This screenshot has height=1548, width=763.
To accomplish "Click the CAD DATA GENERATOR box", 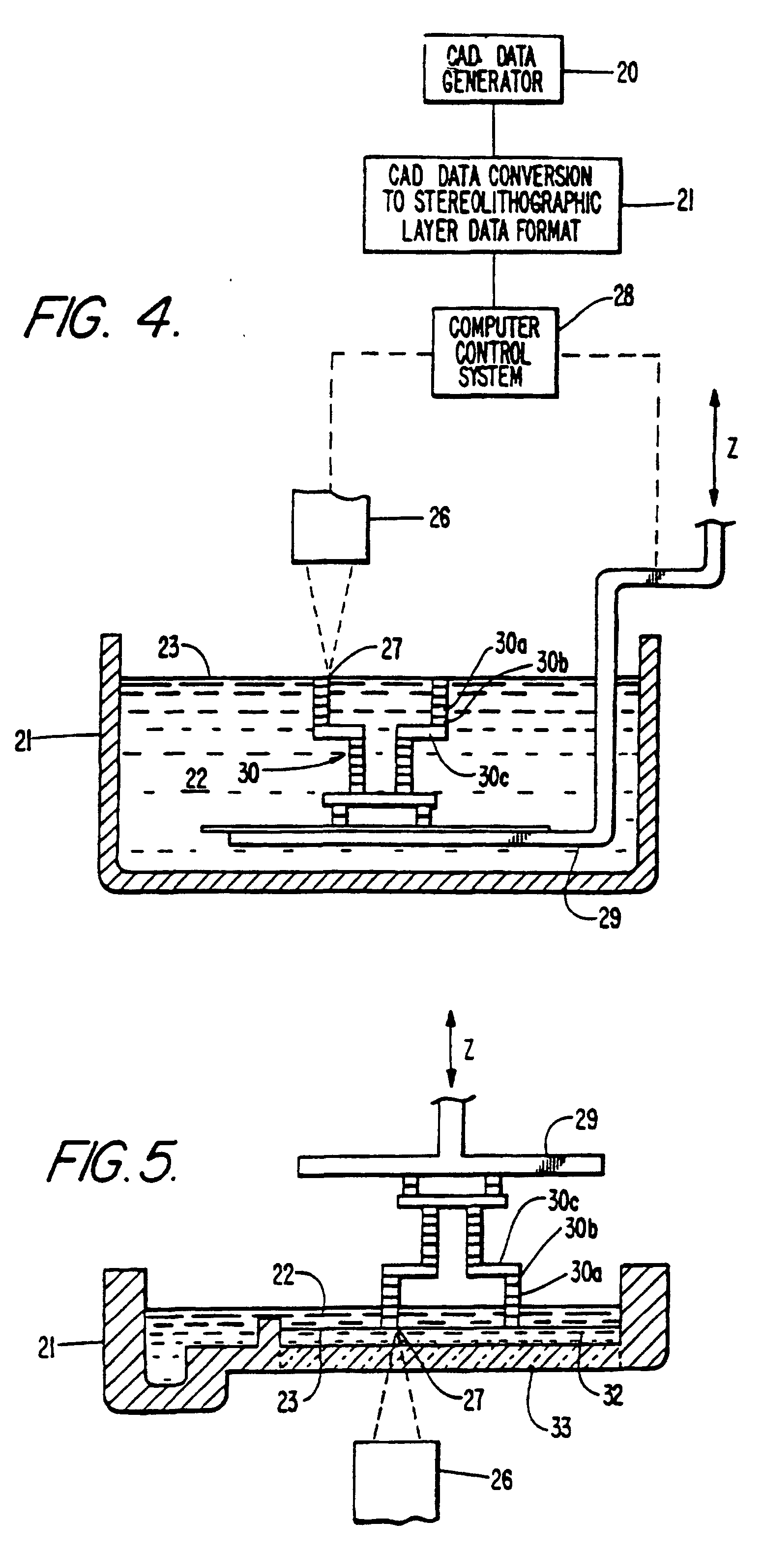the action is [493, 69].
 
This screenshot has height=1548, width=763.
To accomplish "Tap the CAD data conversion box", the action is [492, 205].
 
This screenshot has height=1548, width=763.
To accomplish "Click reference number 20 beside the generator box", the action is [627, 73].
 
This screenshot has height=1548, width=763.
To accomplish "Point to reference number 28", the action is [623, 296].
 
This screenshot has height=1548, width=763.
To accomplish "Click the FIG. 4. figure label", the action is [102, 317].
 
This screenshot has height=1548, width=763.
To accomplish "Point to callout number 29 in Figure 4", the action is [609, 919].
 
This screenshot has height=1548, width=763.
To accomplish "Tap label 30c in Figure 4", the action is [494, 777].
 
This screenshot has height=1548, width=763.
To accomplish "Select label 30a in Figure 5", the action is [586, 1272].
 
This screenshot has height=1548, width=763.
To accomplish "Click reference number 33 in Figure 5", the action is [561, 1426].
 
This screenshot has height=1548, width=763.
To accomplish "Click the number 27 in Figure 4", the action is [391, 649].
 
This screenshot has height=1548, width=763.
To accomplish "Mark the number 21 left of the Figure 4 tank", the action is [22, 741].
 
